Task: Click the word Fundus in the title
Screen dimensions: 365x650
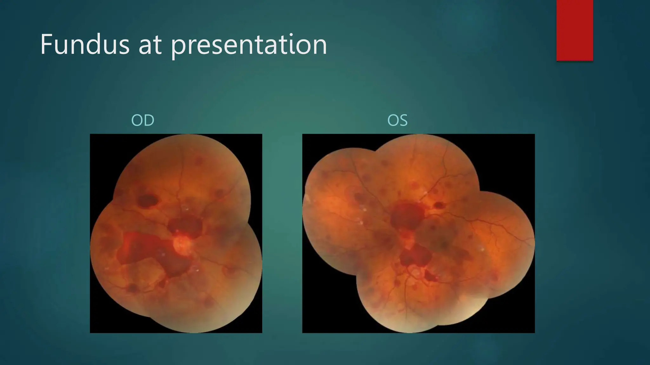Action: click(x=84, y=45)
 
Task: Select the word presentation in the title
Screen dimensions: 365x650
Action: click(x=249, y=46)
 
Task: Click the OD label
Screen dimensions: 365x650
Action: click(x=143, y=120)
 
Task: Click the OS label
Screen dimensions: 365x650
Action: click(x=397, y=120)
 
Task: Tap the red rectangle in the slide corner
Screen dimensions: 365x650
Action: click(x=574, y=30)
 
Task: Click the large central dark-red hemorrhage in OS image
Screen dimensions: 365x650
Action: click(x=407, y=215)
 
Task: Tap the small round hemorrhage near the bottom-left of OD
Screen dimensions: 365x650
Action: click(x=132, y=288)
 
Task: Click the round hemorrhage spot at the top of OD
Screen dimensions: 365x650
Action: click(x=199, y=161)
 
